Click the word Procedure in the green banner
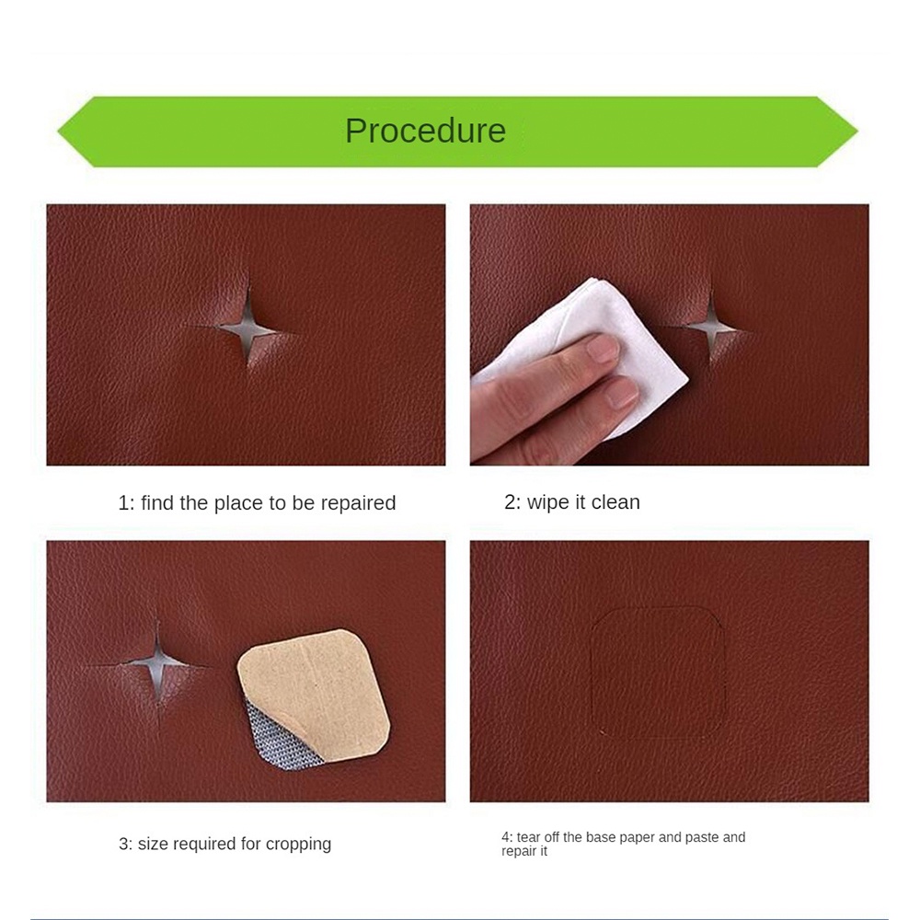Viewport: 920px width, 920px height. tap(425, 131)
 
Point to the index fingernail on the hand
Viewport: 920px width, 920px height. tap(602, 349)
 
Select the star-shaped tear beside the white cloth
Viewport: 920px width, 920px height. tap(711, 327)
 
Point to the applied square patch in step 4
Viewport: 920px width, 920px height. tap(657, 673)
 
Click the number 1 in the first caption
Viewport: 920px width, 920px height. tap(123, 503)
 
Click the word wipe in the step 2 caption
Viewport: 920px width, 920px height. tap(547, 503)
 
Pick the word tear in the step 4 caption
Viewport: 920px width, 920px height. tap(529, 837)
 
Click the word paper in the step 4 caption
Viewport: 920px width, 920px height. tap(637, 838)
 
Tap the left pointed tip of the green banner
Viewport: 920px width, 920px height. tap(58, 132)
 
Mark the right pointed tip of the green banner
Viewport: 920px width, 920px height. tap(857, 132)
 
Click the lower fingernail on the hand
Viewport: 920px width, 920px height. tap(621, 393)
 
